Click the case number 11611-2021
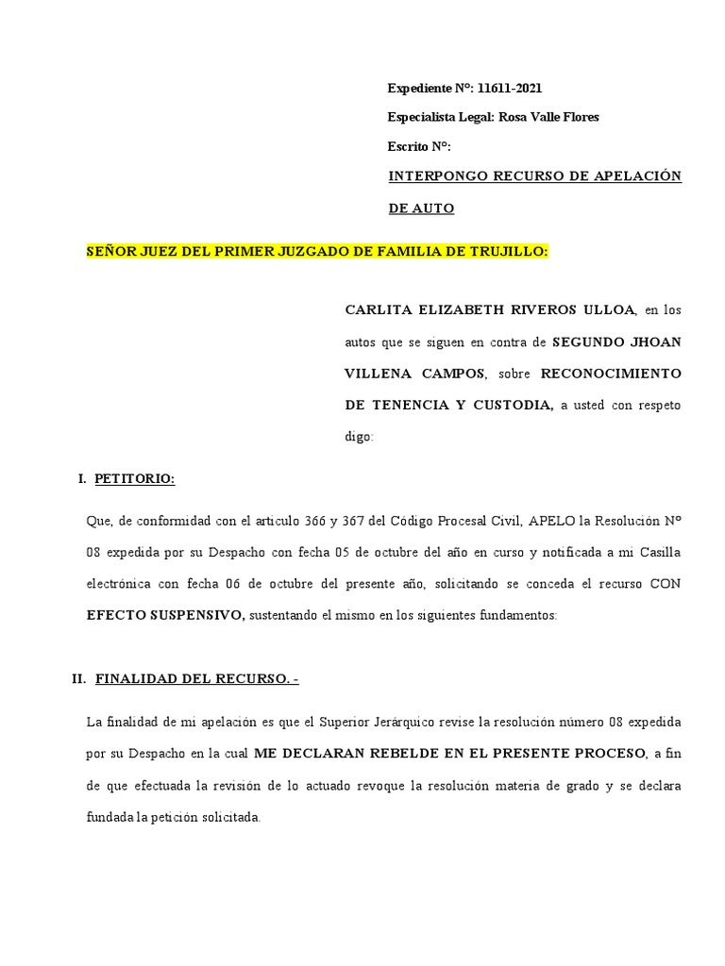point(510,88)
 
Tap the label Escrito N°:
point(420,146)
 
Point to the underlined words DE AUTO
point(421,208)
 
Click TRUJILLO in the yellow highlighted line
point(510,252)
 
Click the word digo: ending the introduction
point(360,437)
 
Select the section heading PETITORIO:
point(135,479)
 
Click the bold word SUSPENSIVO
point(196,615)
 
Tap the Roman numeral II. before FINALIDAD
point(79,678)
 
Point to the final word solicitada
point(226,816)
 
